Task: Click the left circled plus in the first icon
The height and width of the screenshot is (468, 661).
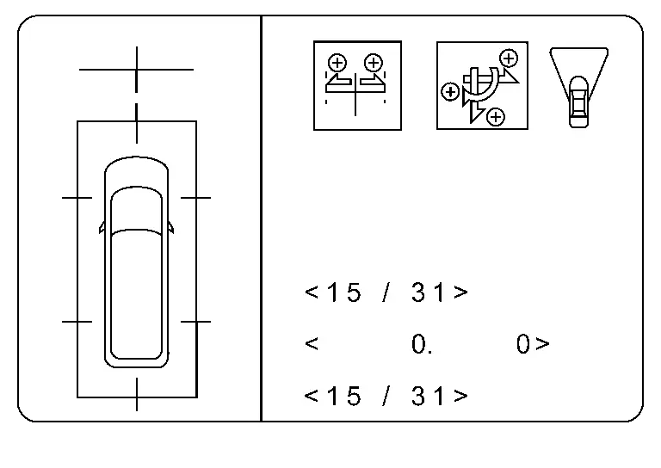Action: [x=337, y=62]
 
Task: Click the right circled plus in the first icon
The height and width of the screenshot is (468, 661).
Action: [x=373, y=62]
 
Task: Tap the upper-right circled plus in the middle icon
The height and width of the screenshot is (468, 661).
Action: [x=509, y=58]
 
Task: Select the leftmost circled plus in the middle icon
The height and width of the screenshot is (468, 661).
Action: [x=449, y=90]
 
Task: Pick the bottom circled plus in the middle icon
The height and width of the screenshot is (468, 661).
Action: [x=495, y=116]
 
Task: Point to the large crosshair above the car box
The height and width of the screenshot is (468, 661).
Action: [x=136, y=68]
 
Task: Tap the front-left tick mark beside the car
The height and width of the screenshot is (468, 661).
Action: [x=77, y=198]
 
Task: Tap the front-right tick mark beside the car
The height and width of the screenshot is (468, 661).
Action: [x=196, y=198]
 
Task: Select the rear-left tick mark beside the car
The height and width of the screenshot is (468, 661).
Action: [x=77, y=322]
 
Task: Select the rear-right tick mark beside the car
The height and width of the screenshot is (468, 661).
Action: [x=196, y=322]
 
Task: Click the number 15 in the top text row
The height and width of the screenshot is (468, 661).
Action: [x=343, y=292]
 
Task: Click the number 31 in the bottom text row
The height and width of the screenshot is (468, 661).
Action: [x=429, y=396]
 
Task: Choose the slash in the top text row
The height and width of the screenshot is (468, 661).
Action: [x=386, y=292]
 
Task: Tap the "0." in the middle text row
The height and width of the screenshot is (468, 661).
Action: [x=422, y=345]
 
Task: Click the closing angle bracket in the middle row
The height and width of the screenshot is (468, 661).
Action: [x=542, y=345]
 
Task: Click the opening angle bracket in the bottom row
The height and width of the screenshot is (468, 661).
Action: [x=312, y=396]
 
